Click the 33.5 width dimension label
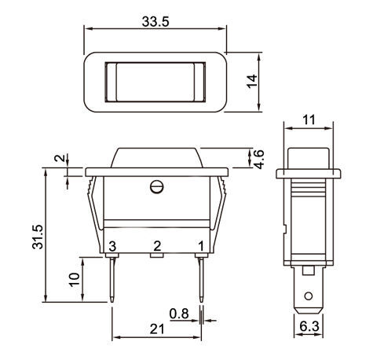(155, 21)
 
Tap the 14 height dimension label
(252, 82)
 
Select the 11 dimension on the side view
(309, 120)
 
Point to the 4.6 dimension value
(259, 160)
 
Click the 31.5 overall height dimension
(38, 237)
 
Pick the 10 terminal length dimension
(74, 280)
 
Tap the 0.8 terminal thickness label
(179, 314)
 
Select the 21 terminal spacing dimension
(157, 329)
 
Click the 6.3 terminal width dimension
(309, 326)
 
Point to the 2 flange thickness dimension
(60, 158)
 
